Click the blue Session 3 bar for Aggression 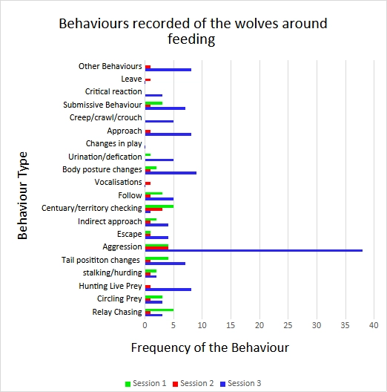coord(254,250)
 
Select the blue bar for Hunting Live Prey coord(168,290)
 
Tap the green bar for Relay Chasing coord(159,310)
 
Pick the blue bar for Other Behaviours coord(168,70)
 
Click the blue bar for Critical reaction coord(153,95)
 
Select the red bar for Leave coord(148,79)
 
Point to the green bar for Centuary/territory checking coord(159,206)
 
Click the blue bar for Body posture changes coord(171,173)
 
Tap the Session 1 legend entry coord(145,383)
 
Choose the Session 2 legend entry coord(193,383)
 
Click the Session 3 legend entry coord(240,383)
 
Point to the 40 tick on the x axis coord(374,325)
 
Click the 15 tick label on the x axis coord(231,325)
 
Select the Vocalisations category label coord(118,182)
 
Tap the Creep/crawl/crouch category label coord(105,117)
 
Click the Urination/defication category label coord(105,157)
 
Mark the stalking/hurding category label coord(113,272)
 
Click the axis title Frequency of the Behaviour coord(210,347)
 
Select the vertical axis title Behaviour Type coord(22,195)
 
